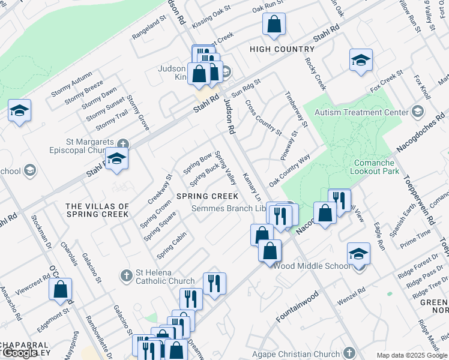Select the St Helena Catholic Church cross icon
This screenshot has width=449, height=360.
tap(127, 275)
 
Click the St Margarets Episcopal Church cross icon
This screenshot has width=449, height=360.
tap(123, 144)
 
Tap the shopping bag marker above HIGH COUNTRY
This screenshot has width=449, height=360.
tap(274, 25)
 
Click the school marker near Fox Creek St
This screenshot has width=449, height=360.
tap(361, 60)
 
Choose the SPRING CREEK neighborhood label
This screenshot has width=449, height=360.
tap(207, 196)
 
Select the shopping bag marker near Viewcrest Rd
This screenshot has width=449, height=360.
tap(61, 289)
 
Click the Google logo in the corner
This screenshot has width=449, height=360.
tap(20, 353)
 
